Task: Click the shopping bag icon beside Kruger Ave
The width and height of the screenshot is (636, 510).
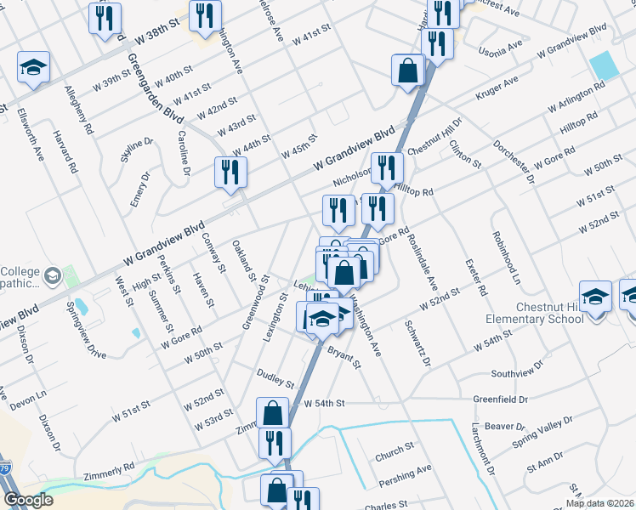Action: pos(408,71)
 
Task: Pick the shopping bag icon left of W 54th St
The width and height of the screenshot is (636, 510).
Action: pos(273,414)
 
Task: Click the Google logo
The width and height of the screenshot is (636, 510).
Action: pos(28,500)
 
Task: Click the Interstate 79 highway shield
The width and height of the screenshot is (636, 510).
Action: pos(5,467)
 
